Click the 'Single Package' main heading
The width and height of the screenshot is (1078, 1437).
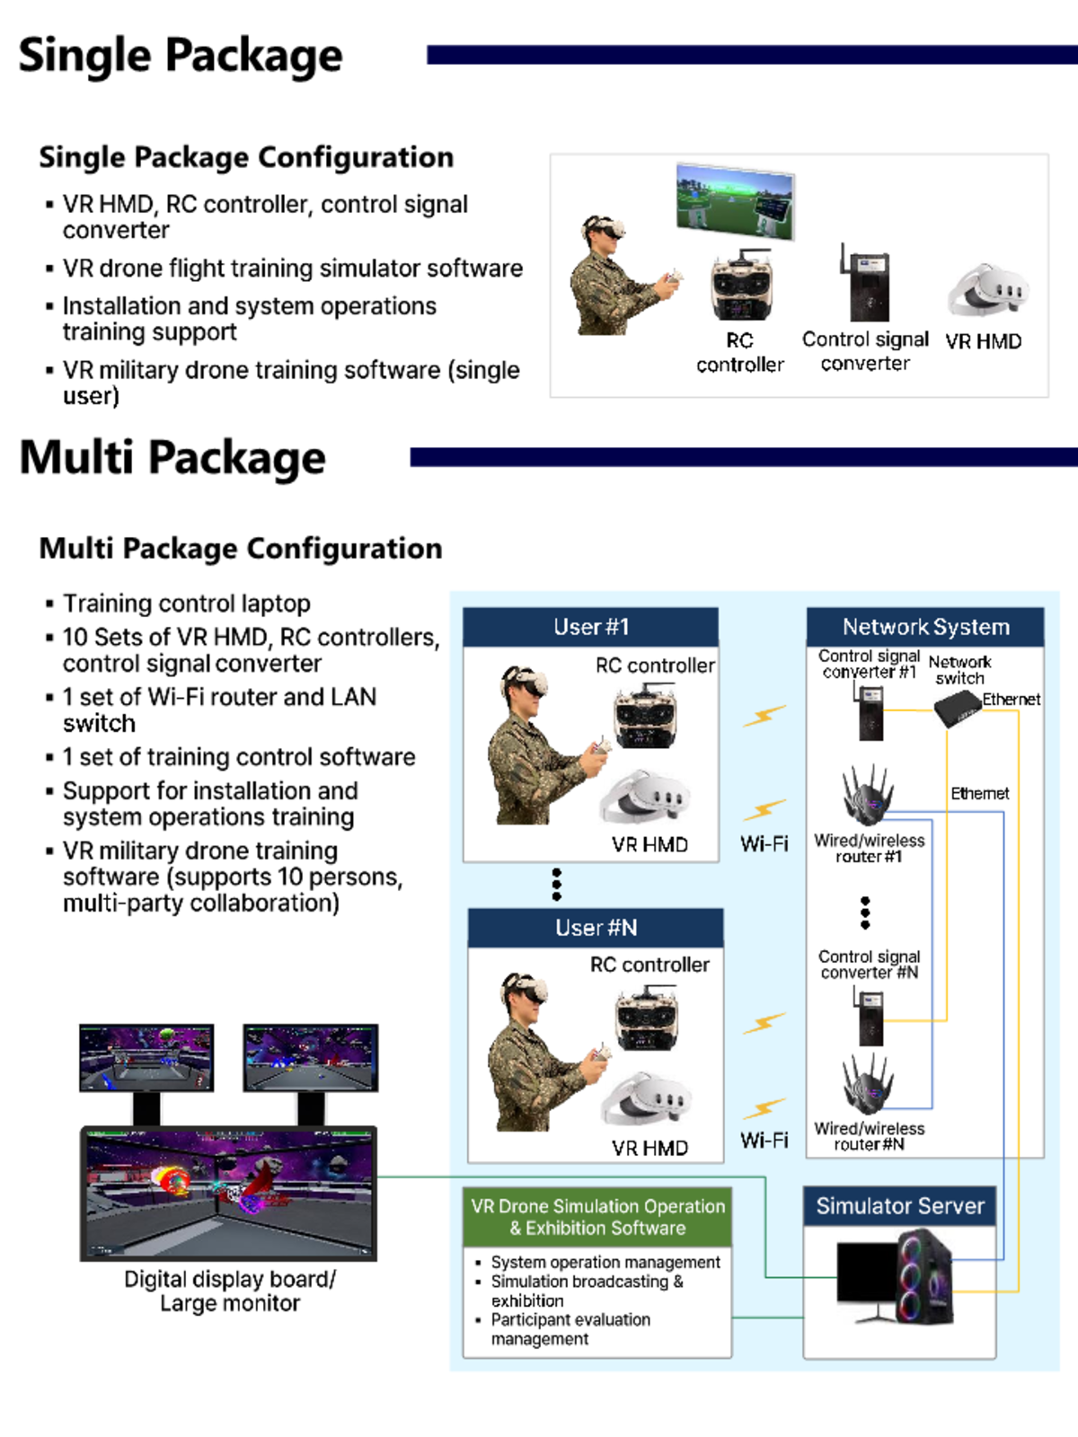[x=181, y=56]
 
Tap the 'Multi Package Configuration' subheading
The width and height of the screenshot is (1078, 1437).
[x=241, y=548]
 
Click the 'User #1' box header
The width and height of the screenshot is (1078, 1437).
[x=590, y=627]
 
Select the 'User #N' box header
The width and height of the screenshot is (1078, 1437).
[x=596, y=928]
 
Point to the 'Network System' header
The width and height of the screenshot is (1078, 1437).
[x=925, y=627]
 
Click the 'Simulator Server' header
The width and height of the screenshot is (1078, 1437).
[x=899, y=1206]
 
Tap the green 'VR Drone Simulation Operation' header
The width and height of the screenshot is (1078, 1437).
[x=597, y=1217]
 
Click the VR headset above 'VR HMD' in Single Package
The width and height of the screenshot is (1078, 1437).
[x=986, y=290]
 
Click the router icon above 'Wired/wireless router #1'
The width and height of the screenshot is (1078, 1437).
[x=867, y=794]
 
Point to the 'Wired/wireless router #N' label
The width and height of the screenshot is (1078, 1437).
[x=869, y=1136]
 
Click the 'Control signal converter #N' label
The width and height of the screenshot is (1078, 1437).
[x=869, y=965]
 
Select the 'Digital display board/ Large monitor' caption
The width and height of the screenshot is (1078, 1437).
[x=230, y=1291]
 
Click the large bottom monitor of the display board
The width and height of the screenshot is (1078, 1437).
[x=228, y=1193]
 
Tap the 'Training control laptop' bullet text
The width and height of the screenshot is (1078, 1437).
[x=187, y=604]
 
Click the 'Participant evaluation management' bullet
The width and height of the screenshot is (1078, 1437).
[x=570, y=1329]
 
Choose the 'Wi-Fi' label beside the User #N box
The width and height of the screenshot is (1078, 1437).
[x=764, y=1141]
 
